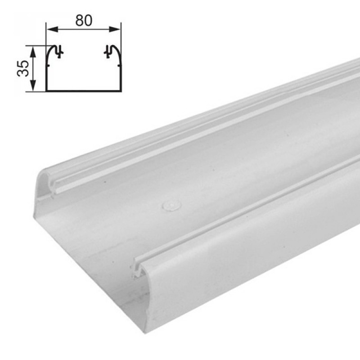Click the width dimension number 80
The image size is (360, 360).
coord(84,21)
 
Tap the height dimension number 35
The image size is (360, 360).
coord(23,68)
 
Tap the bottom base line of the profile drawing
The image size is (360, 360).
coord(84,91)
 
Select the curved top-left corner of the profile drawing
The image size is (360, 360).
coord(50,49)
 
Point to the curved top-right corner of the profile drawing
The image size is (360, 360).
coord(117,49)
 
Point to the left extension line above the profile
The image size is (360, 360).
coord(46,35)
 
